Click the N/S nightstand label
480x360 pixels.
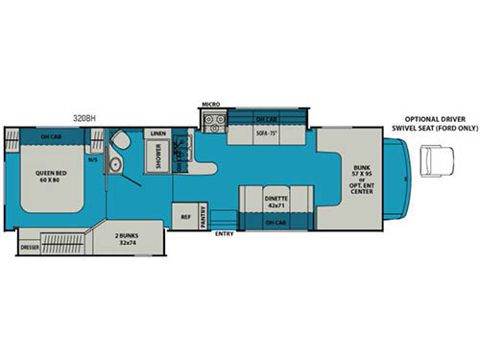[x=92, y=160]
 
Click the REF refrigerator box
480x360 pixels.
[x=185, y=217]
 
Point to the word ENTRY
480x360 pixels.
[x=225, y=233]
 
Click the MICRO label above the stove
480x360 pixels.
[x=211, y=104]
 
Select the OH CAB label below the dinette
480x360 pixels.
[x=278, y=224]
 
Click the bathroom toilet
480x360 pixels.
[x=120, y=141]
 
